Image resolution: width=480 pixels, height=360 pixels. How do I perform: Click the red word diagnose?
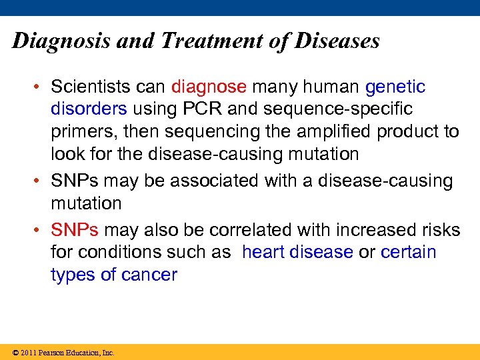(209, 87)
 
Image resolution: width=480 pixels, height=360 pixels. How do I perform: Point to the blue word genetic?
(395, 87)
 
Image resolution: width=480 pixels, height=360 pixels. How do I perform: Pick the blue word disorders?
(89, 109)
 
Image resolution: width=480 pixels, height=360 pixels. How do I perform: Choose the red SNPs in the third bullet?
(75, 230)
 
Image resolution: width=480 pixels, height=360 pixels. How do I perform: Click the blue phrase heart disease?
(297, 252)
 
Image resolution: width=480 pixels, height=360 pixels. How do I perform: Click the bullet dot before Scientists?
(40, 87)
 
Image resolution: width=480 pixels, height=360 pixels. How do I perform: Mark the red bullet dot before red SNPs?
(40, 231)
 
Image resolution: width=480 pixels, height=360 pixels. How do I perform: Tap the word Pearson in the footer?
(53, 353)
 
